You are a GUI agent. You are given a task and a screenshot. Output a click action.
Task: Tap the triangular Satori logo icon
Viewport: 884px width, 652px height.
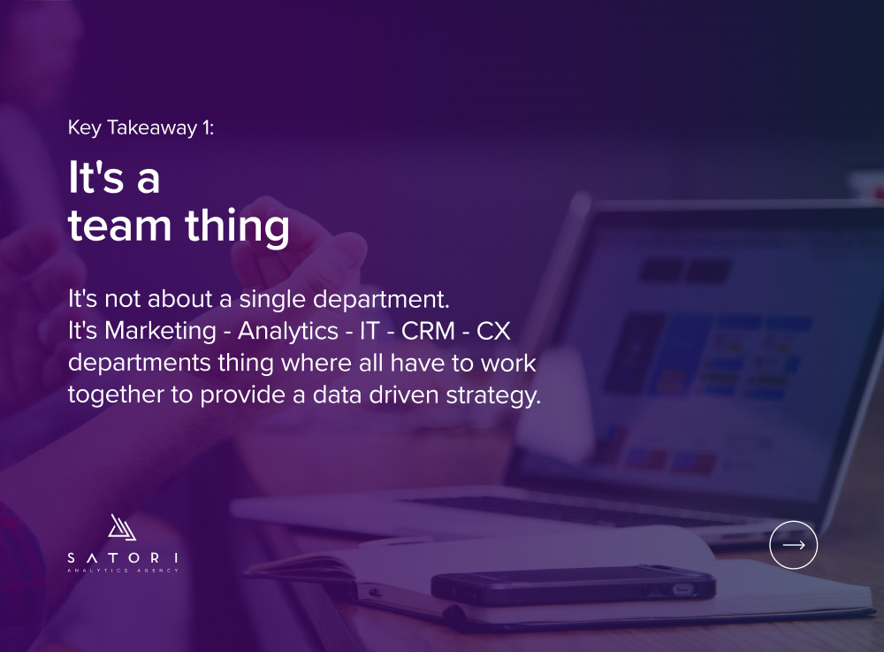tap(122, 527)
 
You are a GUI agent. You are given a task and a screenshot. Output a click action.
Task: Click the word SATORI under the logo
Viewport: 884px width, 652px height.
tap(123, 558)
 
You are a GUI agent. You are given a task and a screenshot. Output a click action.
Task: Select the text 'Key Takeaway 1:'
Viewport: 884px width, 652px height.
tap(141, 128)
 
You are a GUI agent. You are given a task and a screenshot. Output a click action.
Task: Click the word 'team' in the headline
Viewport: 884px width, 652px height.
tap(119, 226)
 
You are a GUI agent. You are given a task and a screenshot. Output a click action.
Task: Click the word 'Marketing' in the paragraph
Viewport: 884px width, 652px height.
tap(160, 332)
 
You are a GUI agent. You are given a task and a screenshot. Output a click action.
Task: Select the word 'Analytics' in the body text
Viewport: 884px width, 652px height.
tap(288, 332)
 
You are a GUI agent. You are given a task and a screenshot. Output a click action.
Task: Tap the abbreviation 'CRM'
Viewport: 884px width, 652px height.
tap(428, 331)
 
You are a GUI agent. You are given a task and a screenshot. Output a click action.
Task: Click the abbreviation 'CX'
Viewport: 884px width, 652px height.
tap(493, 331)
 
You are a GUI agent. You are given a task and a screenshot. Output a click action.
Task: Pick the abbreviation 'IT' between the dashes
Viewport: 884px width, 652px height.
tap(370, 331)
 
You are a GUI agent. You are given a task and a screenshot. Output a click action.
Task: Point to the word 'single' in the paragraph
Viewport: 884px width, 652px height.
tap(272, 300)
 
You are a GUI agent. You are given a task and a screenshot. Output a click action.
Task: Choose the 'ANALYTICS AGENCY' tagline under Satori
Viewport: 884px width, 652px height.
tap(123, 571)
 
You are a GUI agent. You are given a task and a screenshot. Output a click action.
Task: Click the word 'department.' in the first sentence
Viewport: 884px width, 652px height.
tap(381, 300)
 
